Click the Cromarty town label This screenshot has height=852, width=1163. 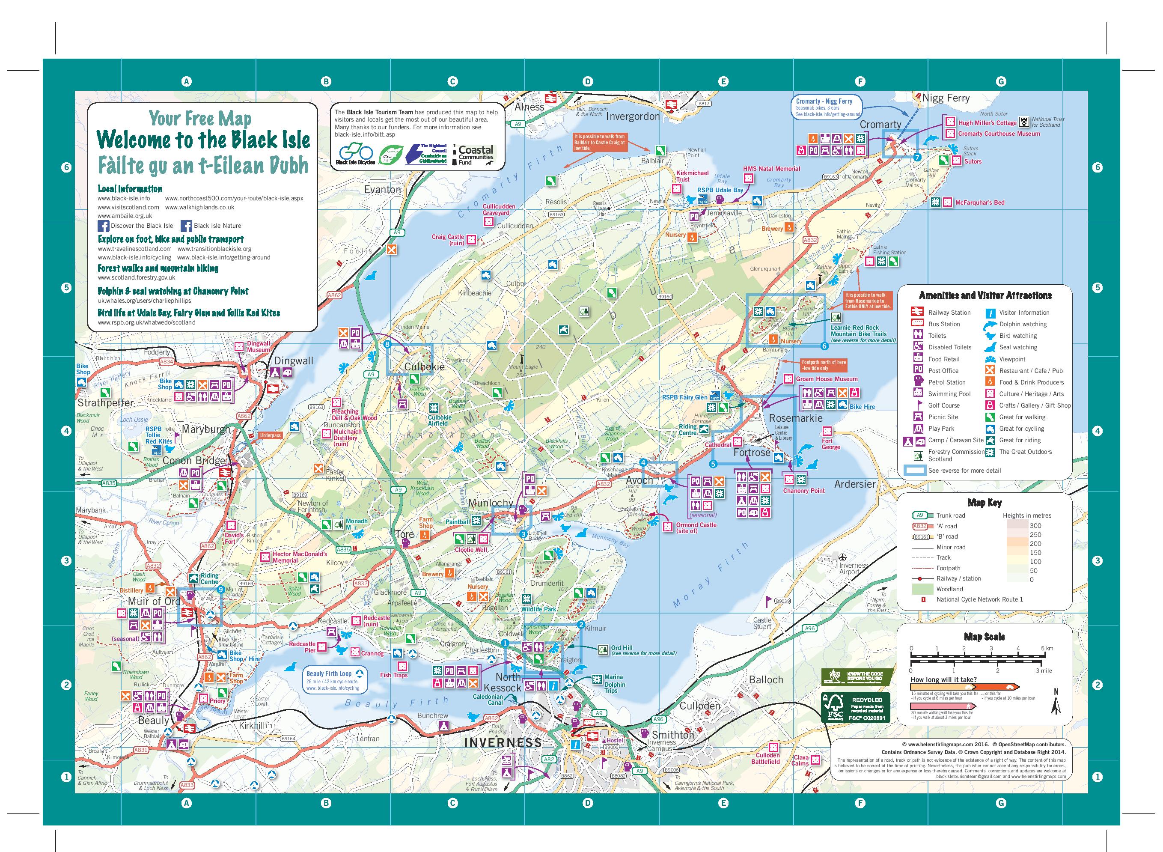pyautogui.click(x=880, y=124)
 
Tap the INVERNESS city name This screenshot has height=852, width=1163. pyautogui.click(x=503, y=743)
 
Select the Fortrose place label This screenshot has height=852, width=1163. pyautogui.click(x=752, y=452)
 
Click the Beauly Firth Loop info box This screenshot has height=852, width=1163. pyautogui.click(x=333, y=680)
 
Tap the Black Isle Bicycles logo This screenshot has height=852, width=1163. pyautogui.click(x=355, y=154)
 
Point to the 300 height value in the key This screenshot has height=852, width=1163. pyautogui.click(x=1021, y=525)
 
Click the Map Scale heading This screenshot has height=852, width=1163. pyautogui.click(x=984, y=636)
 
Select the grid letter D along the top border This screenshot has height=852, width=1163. pyautogui.click(x=588, y=81)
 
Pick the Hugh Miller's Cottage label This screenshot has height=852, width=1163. pyautogui.click(x=987, y=123)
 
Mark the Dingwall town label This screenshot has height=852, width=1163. pyautogui.click(x=293, y=361)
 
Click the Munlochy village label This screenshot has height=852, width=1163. pyautogui.click(x=491, y=503)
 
